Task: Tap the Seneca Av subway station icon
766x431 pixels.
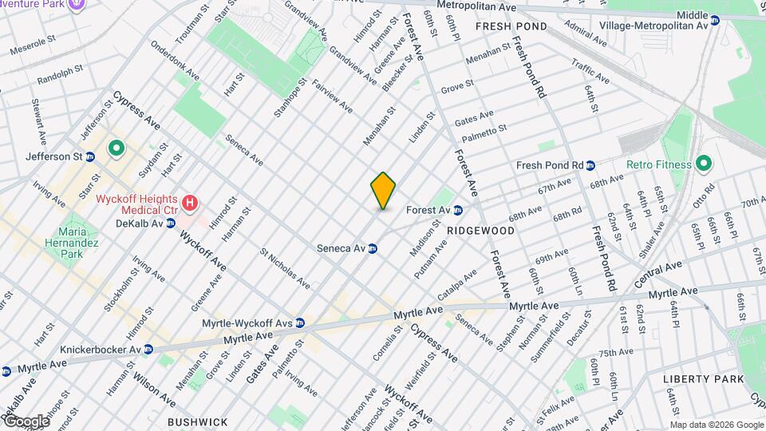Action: pos(372,248)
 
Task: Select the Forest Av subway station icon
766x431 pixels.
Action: pos(458,211)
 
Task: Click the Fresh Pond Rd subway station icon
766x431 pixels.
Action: pos(590,166)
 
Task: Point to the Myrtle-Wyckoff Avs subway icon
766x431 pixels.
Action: pos(300,323)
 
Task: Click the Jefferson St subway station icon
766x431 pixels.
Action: pos(90,157)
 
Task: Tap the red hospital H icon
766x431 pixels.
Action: pos(190,203)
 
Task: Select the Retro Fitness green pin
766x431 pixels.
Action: pos(703,164)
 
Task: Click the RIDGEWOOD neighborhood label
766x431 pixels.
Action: pos(480,230)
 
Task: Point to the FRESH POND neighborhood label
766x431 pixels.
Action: pos(511,26)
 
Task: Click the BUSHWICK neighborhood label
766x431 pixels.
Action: pos(197,421)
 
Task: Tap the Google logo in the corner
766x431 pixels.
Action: pos(26,421)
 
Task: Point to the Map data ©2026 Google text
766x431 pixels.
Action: pos(716,425)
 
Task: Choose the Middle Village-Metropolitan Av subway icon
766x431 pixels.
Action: pos(715,25)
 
